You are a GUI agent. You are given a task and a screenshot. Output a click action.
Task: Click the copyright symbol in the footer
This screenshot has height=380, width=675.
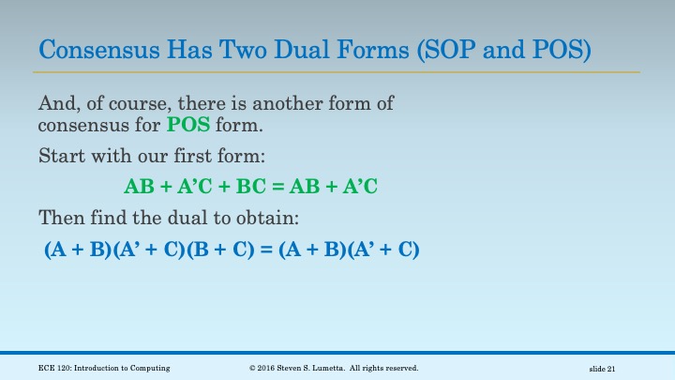pos(252,368)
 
